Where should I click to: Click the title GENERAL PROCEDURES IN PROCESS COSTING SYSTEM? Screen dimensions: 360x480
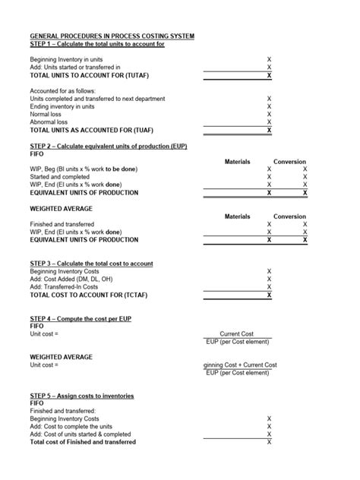(x=112, y=36)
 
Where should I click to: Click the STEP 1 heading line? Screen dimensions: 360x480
(x=96, y=44)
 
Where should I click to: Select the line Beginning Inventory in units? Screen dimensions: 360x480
(x=66, y=59)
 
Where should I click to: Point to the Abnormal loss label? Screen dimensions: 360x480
(x=49, y=122)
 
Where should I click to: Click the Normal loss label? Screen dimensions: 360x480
(x=46, y=114)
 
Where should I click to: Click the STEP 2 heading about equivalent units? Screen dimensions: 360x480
(x=108, y=146)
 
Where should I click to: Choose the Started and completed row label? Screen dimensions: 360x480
(x=59, y=176)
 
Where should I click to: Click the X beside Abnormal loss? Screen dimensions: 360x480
(x=269, y=122)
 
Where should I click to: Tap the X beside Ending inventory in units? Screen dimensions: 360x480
(x=269, y=106)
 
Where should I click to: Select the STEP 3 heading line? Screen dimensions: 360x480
(x=91, y=264)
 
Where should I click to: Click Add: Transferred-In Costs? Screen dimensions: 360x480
(x=64, y=287)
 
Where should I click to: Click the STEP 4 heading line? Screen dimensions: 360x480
(x=81, y=318)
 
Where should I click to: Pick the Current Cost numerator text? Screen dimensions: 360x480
(x=236, y=333)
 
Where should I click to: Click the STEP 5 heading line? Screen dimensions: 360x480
(x=82, y=396)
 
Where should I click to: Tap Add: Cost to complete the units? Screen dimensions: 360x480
(x=71, y=426)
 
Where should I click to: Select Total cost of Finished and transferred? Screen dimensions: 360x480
(x=83, y=441)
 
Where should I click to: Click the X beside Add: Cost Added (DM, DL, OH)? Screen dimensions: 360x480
(x=269, y=279)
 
